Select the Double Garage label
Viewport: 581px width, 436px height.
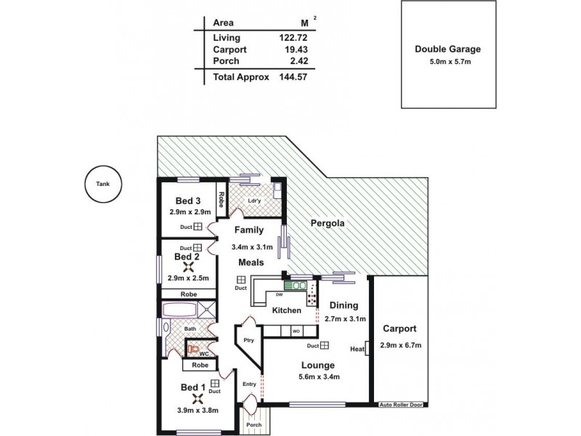448,49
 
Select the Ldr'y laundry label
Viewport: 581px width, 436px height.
254,201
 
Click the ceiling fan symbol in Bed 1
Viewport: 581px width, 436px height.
197,398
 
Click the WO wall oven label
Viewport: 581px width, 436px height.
296,331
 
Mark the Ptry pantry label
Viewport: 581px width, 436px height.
248,339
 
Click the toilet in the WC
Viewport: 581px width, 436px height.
193,349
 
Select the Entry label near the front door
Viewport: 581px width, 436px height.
249,384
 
